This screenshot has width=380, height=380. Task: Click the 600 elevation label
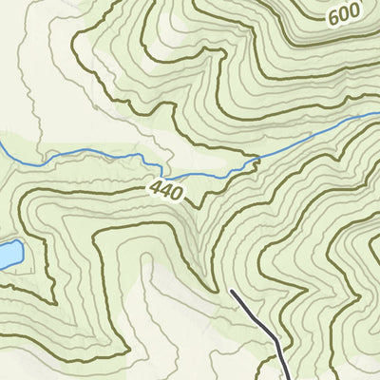click(345, 16)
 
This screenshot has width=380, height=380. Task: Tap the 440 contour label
click(165, 190)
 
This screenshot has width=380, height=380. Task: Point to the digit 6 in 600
click(335, 20)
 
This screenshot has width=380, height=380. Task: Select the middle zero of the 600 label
click(345, 16)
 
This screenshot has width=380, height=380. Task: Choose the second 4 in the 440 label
click(165, 190)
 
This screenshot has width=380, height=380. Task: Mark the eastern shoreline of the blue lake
click(22, 254)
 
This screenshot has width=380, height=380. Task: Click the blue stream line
click(95, 154)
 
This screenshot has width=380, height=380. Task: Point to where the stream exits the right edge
click(377, 113)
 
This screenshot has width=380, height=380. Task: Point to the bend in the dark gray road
click(277, 340)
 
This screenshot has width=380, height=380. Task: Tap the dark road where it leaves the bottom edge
click(289, 377)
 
